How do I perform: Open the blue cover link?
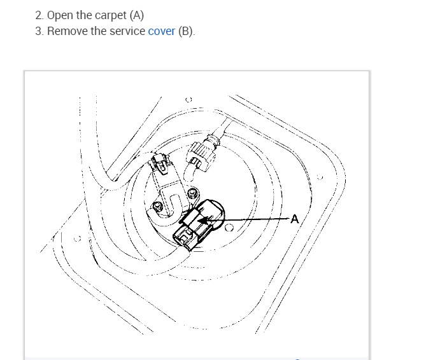pyautogui.click(x=161, y=31)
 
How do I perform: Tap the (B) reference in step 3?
pyautogui.click(x=187, y=31)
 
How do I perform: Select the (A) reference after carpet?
pyautogui.click(x=136, y=15)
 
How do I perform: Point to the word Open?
pyautogui.click(x=60, y=15)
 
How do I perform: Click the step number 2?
pyautogui.click(x=39, y=15)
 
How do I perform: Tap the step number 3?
pyautogui.click(x=39, y=31)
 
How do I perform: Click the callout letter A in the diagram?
pyautogui.click(x=295, y=219)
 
